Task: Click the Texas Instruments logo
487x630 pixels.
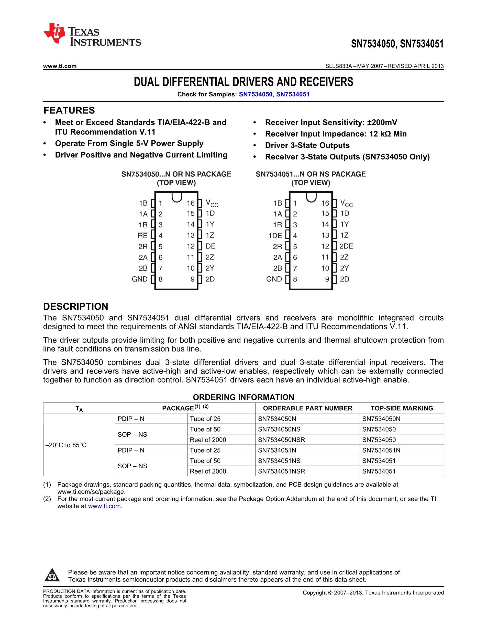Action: pos(92,35)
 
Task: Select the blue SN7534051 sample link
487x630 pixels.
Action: pos(293,94)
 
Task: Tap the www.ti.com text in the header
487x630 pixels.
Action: pos(60,66)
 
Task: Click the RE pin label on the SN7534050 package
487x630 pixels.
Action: pos(142,236)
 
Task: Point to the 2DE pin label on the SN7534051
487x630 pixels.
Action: pos(346,246)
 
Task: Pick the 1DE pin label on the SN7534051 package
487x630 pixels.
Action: pos(275,236)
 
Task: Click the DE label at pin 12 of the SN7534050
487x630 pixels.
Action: pos(211,246)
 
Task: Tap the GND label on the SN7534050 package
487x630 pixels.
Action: pos(140,279)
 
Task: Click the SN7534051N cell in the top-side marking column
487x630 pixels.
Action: pos(381,450)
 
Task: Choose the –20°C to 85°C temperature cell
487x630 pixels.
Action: pos(66,445)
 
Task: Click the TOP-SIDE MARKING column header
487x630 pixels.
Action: pos(402,408)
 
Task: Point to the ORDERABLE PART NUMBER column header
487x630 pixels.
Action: pos(307,408)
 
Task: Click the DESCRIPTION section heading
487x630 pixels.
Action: pos(76,306)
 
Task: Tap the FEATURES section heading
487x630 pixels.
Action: pos(69,110)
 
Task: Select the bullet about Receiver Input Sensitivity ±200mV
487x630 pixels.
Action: pos(331,122)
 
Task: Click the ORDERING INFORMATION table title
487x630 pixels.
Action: pos(243,397)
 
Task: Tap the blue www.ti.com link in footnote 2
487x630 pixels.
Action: pos(104,506)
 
